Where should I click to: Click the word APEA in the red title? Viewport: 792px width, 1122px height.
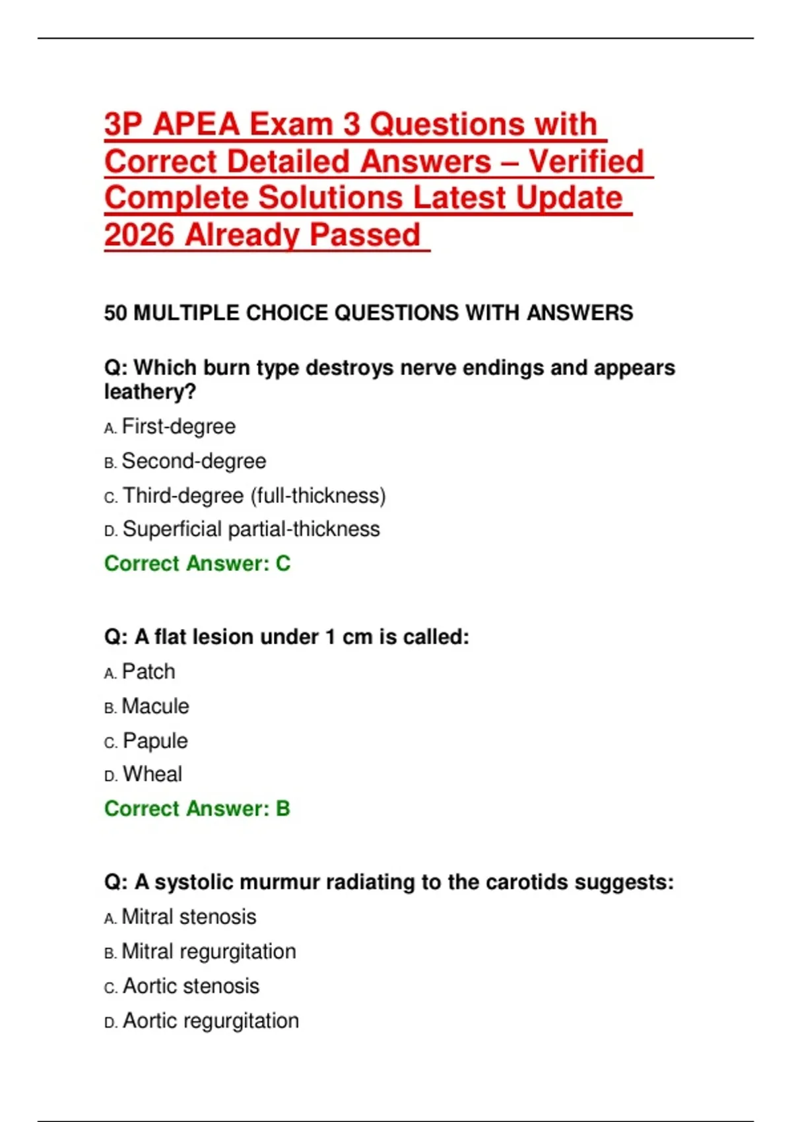[196, 125]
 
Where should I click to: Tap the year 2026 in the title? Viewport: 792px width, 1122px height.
[139, 235]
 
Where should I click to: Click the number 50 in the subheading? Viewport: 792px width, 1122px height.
[115, 313]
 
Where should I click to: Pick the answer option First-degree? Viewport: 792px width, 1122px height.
[178, 427]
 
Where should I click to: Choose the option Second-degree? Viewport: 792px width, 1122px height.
[194, 461]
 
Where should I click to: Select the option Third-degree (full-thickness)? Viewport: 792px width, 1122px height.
[254, 496]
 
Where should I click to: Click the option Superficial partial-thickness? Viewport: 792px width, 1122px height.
[251, 529]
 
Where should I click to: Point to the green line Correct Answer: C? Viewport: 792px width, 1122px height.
[197, 564]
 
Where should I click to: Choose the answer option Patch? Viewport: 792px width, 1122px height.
[148, 672]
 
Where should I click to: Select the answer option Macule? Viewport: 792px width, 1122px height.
[156, 707]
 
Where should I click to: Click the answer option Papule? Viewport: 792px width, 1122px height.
[155, 741]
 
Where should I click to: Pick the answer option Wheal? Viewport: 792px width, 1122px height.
[152, 774]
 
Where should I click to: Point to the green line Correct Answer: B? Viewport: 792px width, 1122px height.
[197, 809]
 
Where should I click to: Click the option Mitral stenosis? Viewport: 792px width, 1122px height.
[189, 917]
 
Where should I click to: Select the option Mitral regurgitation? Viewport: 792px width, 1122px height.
[209, 952]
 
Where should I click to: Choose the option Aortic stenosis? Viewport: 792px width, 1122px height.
[191, 987]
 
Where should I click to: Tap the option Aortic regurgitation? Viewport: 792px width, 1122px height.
[211, 1021]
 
